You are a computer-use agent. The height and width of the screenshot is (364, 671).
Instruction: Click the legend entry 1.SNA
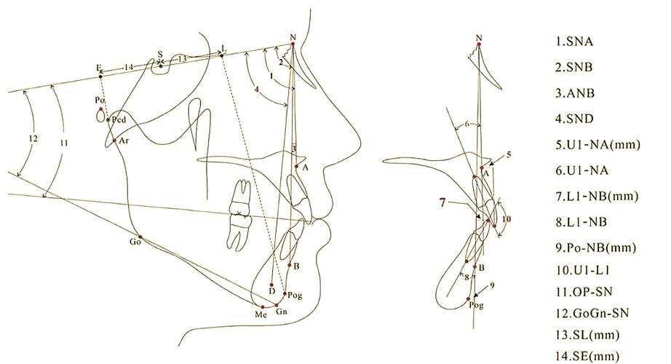click(x=574, y=41)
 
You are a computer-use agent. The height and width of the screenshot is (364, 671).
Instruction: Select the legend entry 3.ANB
click(x=575, y=93)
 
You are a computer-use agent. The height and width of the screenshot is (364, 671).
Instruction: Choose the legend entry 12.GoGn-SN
click(x=592, y=313)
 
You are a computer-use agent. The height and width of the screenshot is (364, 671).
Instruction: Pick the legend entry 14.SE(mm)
click(x=587, y=356)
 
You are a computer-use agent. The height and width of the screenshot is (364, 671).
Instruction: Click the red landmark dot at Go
click(x=140, y=237)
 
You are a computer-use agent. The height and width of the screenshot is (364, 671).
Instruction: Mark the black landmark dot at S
click(x=161, y=66)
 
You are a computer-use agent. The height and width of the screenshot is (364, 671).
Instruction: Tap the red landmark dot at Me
click(x=263, y=307)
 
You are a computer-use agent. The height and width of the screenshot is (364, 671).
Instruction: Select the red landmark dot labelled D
click(x=271, y=285)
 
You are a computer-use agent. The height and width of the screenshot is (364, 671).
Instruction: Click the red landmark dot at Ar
click(x=114, y=141)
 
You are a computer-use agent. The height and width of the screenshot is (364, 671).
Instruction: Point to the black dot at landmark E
click(x=100, y=76)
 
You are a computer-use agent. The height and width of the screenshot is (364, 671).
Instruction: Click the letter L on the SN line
click(x=224, y=48)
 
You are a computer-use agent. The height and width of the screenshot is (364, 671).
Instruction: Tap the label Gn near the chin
click(x=281, y=312)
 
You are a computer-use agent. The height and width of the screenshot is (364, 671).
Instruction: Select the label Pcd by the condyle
click(x=119, y=120)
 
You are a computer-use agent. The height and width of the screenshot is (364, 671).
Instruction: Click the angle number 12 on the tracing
click(x=33, y=138)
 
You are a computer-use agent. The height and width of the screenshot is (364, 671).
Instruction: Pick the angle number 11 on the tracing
click(x=64, y=143)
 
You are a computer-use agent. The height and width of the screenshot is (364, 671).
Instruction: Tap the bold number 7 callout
click(x=442, y=202)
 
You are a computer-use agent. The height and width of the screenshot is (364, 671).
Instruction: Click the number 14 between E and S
click(x=129, y=67)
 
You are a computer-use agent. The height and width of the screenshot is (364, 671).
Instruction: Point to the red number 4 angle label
click(x=257, y=90)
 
